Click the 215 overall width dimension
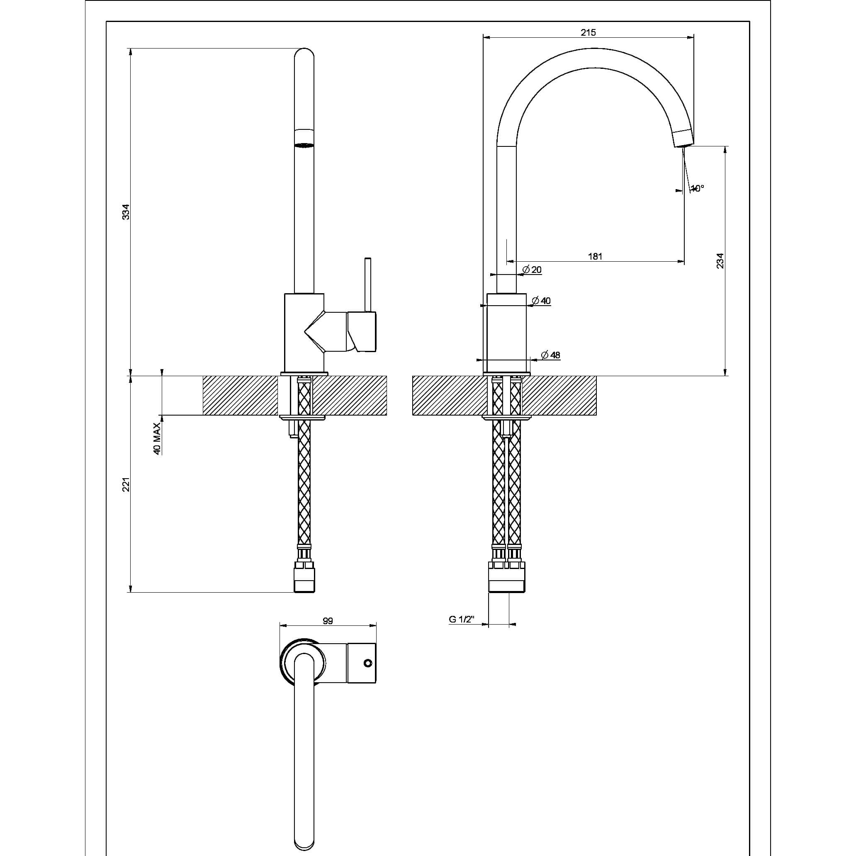pos(588,32)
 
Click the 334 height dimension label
pos(126,212)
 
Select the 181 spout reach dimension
pos(595,256)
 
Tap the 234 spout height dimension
pos(720,260)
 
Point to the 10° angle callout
pos(697,188)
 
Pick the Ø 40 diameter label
pos(541,301)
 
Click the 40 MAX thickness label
pos(156,438)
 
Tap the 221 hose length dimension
pos(126,484)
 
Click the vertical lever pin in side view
pos(367,284)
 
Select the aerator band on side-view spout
pos(304,138)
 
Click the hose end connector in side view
pos(305,578)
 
